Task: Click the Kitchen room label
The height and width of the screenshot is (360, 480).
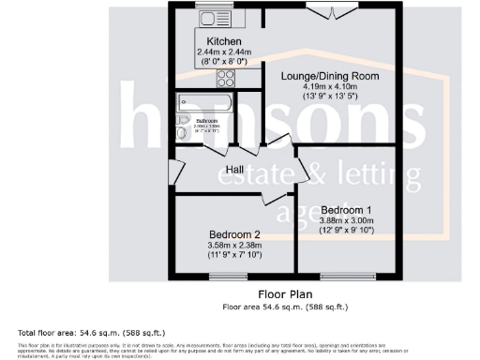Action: coord(224,42)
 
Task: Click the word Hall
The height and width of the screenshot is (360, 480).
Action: coord(237,169)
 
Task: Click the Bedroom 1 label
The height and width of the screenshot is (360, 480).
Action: coord(347,209)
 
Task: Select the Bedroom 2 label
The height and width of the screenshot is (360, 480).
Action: coord(234,233)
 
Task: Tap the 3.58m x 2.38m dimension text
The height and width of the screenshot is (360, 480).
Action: coord(234,246)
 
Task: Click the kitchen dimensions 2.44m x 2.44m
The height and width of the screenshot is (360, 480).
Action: coord(224,53)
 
